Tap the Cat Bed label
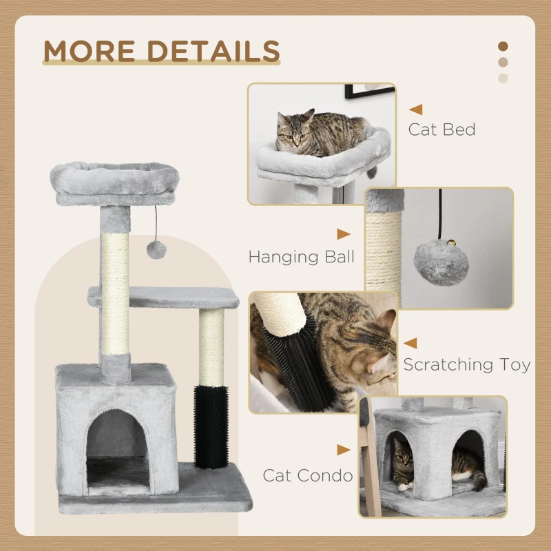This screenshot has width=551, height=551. [441, 129]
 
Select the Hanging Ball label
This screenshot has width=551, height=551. [302, 257]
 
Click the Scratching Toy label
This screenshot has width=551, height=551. [467, 364]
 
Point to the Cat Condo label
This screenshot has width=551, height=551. [307, 475]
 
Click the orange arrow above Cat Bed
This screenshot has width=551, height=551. [415, 109]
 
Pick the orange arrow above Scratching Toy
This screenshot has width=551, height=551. [410, 342]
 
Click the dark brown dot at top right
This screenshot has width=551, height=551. [503, 46]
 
